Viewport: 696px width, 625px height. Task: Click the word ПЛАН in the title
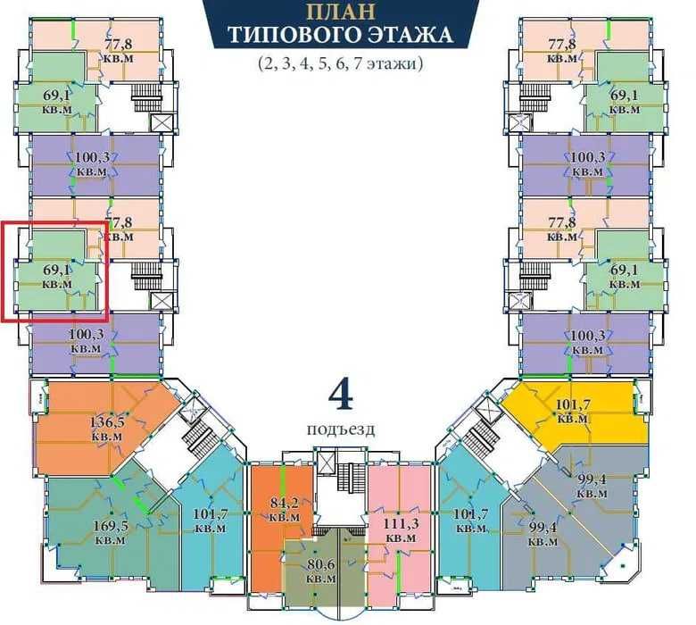coord(341,11)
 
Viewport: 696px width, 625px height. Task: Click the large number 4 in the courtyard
coord(341,395)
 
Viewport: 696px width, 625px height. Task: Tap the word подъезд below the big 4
coord(341,429)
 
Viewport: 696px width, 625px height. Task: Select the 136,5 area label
coord(107,421)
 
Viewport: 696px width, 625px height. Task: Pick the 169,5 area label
coord(111,526)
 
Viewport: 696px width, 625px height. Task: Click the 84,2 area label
coord(285,503)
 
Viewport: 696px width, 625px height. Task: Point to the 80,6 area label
coord(321,564)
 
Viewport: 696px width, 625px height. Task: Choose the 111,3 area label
coord(402,523)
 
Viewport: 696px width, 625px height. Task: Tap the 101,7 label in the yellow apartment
coord(573,404)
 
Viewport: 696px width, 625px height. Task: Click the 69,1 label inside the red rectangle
coord(57,269)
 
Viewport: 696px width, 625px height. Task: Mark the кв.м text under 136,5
coord(107,437)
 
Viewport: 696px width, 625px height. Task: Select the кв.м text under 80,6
coord(321,579)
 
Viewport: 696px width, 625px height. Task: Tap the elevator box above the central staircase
coord(327,463)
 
